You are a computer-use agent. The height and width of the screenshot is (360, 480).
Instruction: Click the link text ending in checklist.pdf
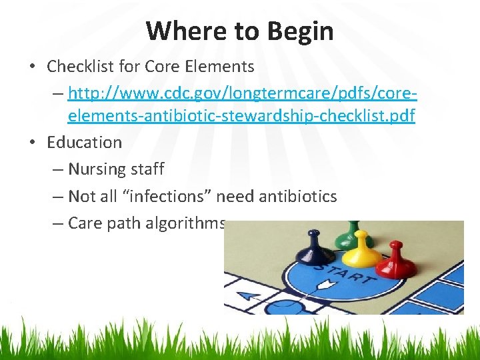(241, 116)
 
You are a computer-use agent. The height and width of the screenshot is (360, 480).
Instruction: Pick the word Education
(85, 142)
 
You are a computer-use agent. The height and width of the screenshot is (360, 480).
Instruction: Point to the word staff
(147, 169)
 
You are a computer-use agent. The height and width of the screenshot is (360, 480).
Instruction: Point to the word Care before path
(84, 223)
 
